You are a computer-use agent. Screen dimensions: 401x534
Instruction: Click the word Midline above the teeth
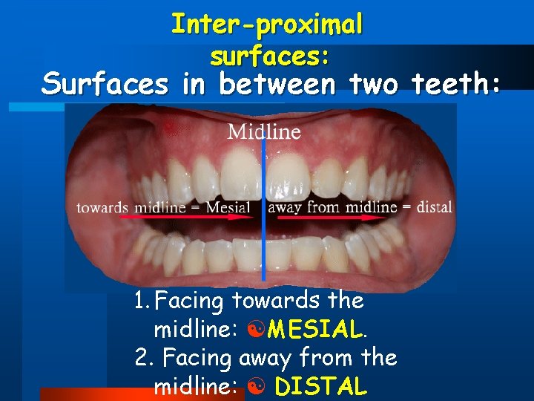[x=264, y=132]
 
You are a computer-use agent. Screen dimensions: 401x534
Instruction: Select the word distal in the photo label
[x=434, y=206]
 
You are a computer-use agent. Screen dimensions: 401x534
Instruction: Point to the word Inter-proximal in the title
[x=267, y=25]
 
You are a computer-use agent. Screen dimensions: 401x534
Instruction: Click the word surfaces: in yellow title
[x=270, y=55]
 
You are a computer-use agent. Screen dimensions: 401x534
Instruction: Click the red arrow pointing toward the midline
[x=185, y=218]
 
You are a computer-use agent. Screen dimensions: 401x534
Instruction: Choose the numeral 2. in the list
[x=145, y=359]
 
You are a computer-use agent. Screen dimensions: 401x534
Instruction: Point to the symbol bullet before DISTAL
[x=253, y=386]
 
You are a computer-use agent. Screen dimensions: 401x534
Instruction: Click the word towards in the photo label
[x=102, y=207]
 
